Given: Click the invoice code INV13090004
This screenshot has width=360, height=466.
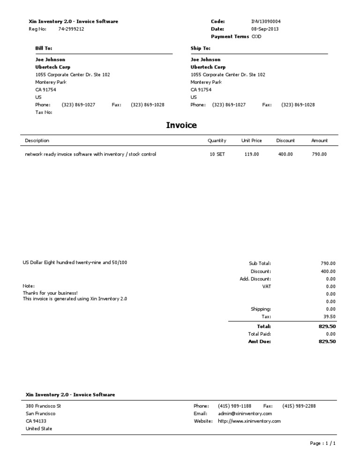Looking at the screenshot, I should (266, 22).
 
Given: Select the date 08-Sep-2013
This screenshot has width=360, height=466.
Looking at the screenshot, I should (265, 29).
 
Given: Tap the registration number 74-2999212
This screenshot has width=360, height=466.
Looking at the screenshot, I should (71, 29).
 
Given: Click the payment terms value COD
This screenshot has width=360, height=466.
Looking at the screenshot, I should (256, 37).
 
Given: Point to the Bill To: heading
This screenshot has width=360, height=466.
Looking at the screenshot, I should (44, 48).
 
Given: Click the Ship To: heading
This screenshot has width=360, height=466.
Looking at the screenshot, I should (200, 48).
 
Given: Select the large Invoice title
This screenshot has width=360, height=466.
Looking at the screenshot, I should (181, 125).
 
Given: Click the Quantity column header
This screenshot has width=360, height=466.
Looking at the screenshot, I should (217, 141).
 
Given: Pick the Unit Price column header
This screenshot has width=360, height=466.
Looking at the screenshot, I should (251, 141).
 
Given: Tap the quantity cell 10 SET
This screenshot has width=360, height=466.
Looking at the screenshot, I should (217, 154).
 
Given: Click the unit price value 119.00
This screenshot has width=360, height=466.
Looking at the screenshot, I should (251, 154).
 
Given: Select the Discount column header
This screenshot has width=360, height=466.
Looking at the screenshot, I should (285, 141).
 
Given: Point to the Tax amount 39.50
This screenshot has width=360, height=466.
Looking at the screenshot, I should (330, 317).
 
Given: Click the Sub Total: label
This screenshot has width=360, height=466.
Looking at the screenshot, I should (260, 263).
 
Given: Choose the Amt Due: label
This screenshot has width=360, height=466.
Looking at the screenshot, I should (259, 342).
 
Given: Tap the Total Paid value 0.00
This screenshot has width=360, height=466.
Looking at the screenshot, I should (330, 334).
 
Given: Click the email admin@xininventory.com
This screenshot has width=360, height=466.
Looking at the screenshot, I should (245, 413).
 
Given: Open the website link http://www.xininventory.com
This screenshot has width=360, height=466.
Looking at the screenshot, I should (249, 421).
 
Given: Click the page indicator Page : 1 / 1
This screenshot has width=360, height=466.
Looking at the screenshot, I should (323, 443).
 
